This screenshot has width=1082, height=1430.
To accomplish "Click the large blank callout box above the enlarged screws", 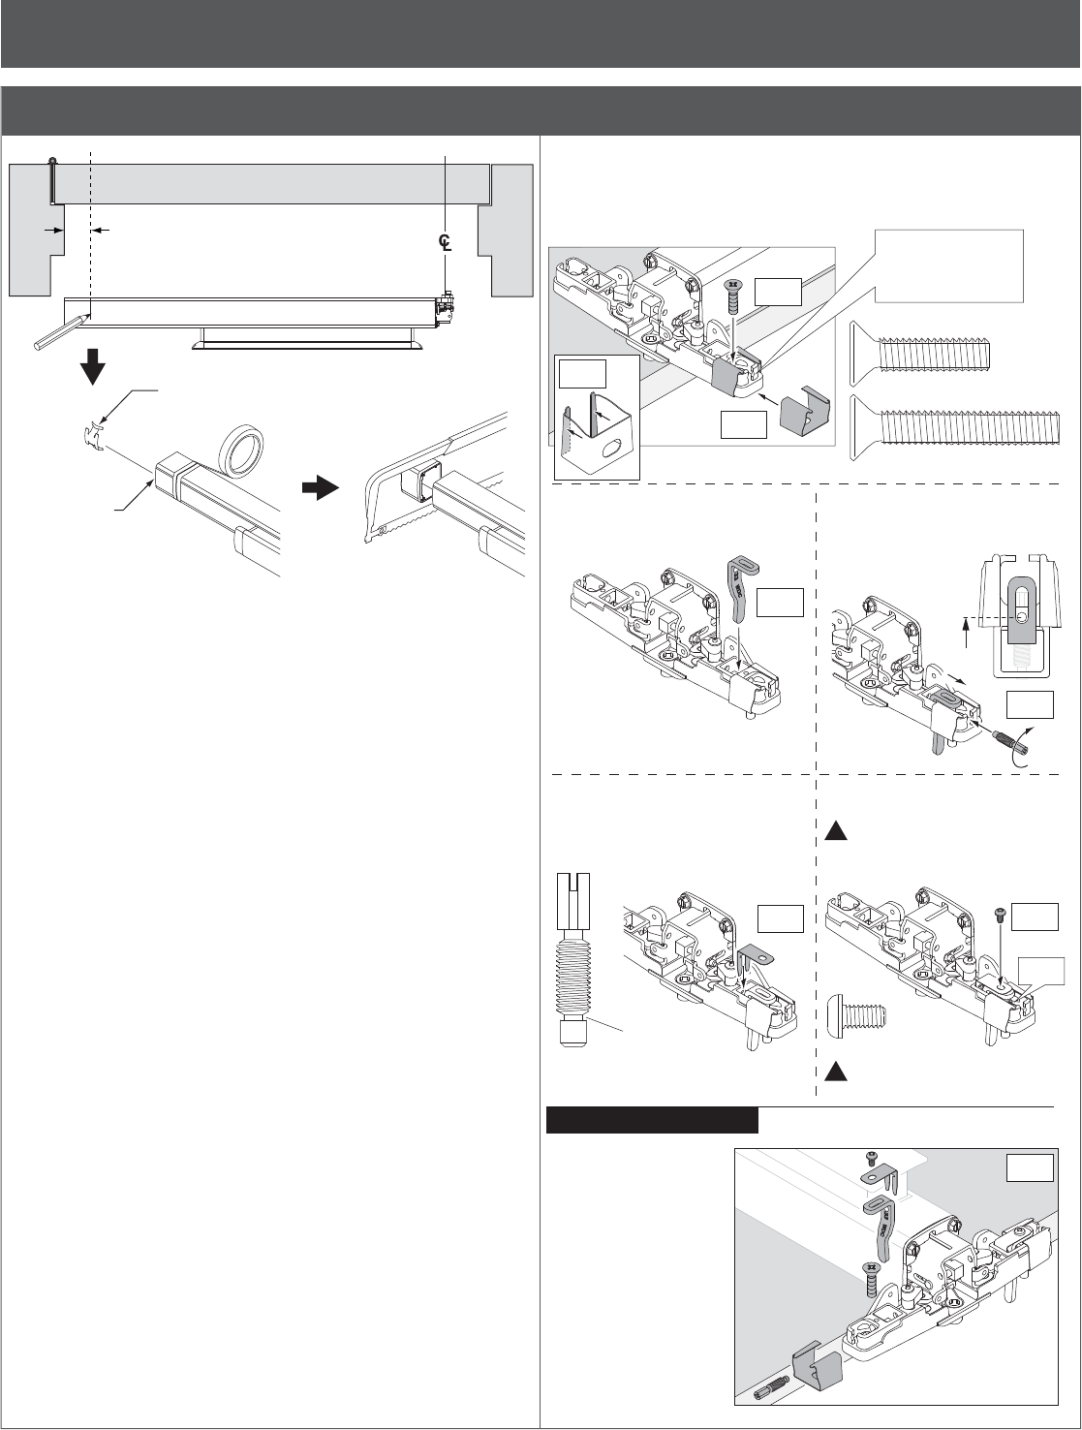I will click(x=948, y=264).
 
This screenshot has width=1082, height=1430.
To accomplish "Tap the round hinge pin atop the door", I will click(x=52, y=161).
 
